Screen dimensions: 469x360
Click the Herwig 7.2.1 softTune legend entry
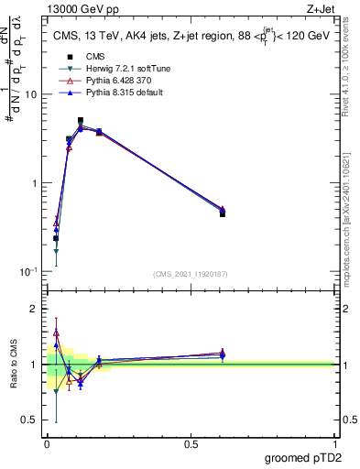pyautogui.click(x=107, y=69)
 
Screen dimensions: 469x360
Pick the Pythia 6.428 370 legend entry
pyautogui.click(x=107, y=81)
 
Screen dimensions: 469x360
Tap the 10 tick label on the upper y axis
pyautogui.click(x=30, y=95)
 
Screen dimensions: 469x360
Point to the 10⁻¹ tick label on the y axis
pyautogui.click(x=27, y=272)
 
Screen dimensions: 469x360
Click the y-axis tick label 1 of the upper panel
pyautogui.click(x=34, y=184)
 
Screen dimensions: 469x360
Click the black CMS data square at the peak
pyautogui.click(x=81, y=121)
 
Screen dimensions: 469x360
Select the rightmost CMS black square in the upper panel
pyautogui.click(x=223, y=213)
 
